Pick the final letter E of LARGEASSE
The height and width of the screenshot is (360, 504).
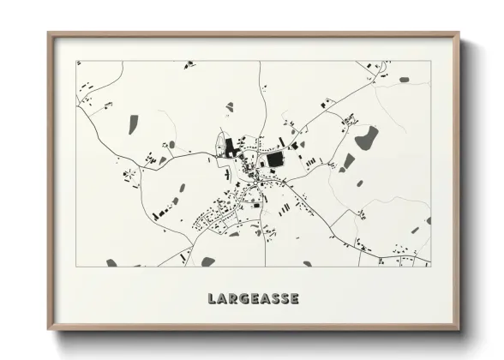[x=294, y=299]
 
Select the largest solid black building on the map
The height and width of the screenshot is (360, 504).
[x=275, y=159]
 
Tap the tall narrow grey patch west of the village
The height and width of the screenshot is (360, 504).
[x=133, y=124]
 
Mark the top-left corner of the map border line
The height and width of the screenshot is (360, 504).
[x=77, y=61]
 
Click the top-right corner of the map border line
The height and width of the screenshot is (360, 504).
[x=429, y=61]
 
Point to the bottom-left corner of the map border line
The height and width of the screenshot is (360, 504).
[x=77, y=266]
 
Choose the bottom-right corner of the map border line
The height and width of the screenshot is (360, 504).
[x=429, y=266]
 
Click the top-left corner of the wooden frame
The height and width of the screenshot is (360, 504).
[x=48, y=33]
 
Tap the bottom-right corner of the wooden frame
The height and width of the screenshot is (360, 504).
[x=459, y=330]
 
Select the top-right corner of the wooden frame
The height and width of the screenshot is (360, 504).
[x=459, y=33]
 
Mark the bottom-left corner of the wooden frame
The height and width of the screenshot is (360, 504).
[x=48, y=330]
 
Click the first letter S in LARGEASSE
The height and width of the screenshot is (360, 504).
[x=270, y=299]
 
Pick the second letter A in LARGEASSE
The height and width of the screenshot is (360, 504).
[x=258, y=299]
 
